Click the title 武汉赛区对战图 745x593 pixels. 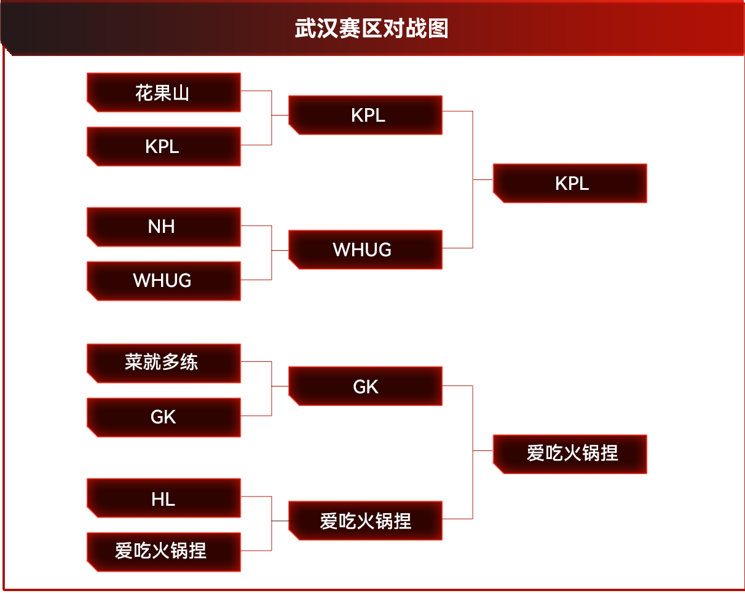coord(372,29)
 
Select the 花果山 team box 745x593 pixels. coord(164,93)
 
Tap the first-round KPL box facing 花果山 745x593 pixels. coord(164,147)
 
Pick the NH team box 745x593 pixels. coord(164,227)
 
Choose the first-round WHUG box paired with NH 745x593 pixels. coord(164,281)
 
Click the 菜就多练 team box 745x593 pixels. coord(164,363)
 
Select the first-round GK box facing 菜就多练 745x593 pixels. coord(164,417)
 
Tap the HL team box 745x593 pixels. coord(164,498)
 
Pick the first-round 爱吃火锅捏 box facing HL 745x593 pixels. coord(164,551)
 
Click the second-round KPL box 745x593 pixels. coord(366,115)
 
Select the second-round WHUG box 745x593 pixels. coord(366,249)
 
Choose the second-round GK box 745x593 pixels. coord(366,387)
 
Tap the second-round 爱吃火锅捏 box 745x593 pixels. coord(366,521)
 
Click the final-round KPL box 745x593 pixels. coord(570,183)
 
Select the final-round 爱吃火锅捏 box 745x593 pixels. coord(570,454)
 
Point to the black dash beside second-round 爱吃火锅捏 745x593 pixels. coord(280,521)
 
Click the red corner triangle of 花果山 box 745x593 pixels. coord(91,108)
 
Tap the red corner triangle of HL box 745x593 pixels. coord(91,513)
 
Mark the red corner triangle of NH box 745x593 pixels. coord(91,242)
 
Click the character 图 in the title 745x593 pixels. coord(439,29)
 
